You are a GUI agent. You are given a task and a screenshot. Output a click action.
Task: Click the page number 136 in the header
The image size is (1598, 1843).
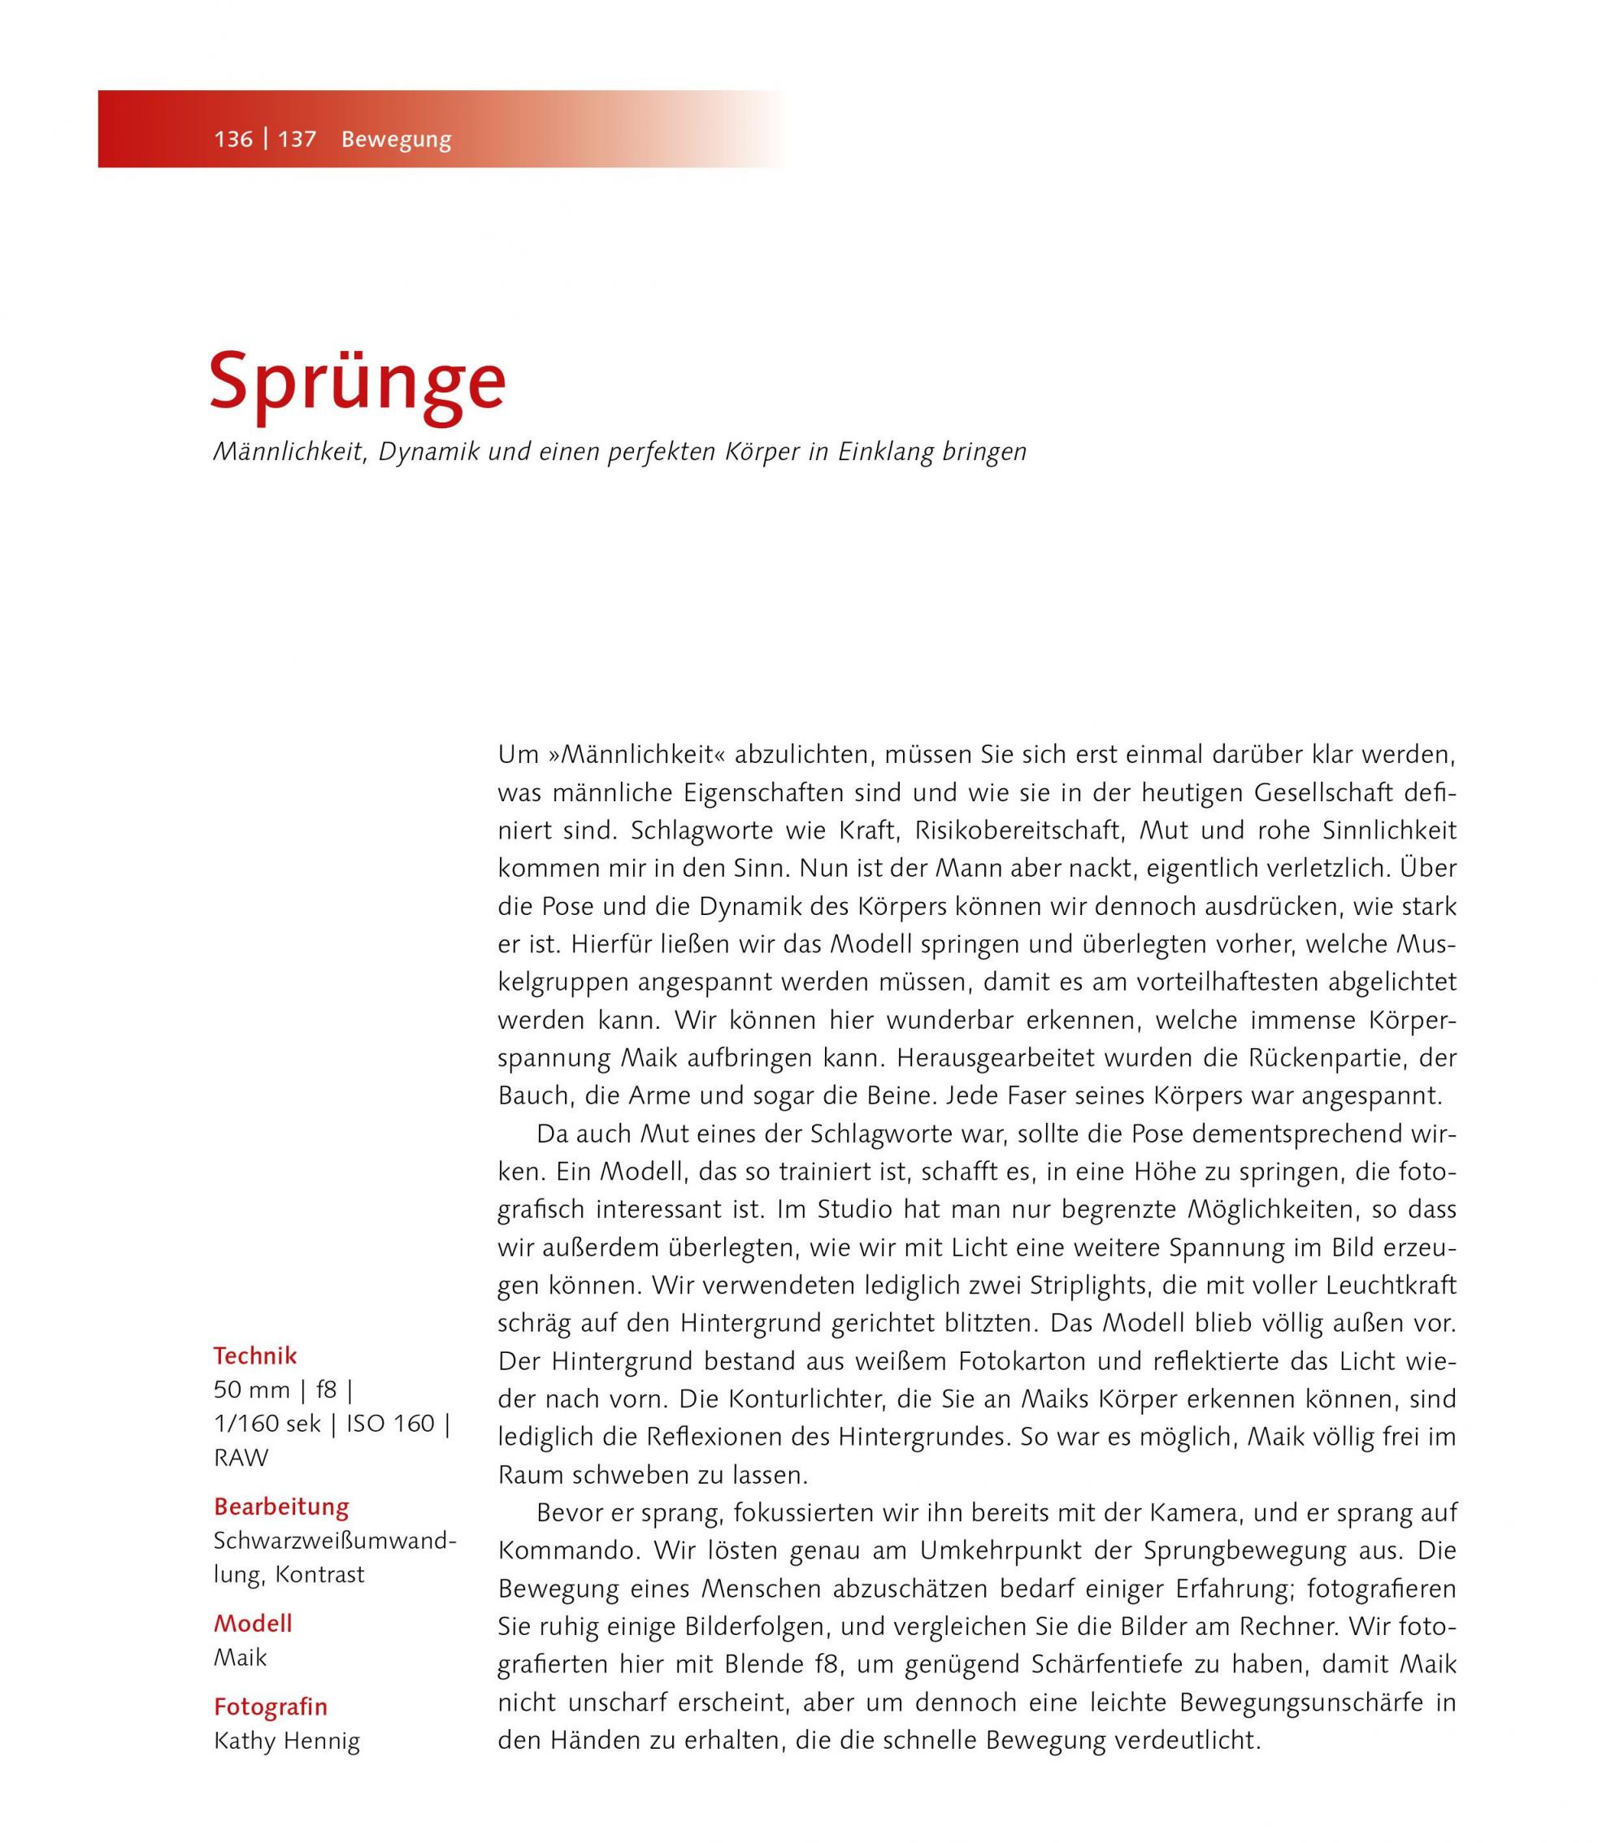(x=232, y=139)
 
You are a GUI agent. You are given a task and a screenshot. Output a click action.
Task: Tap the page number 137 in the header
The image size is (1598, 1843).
(x=297, y=139)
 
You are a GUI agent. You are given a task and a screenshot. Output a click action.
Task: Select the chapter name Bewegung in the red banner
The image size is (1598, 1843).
(x=396, y=140)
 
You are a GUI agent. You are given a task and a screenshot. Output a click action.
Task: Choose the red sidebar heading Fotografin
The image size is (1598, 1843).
(x=270, y=1706)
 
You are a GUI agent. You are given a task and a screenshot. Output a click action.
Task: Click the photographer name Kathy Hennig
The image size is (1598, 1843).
(x=286, y=1741)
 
